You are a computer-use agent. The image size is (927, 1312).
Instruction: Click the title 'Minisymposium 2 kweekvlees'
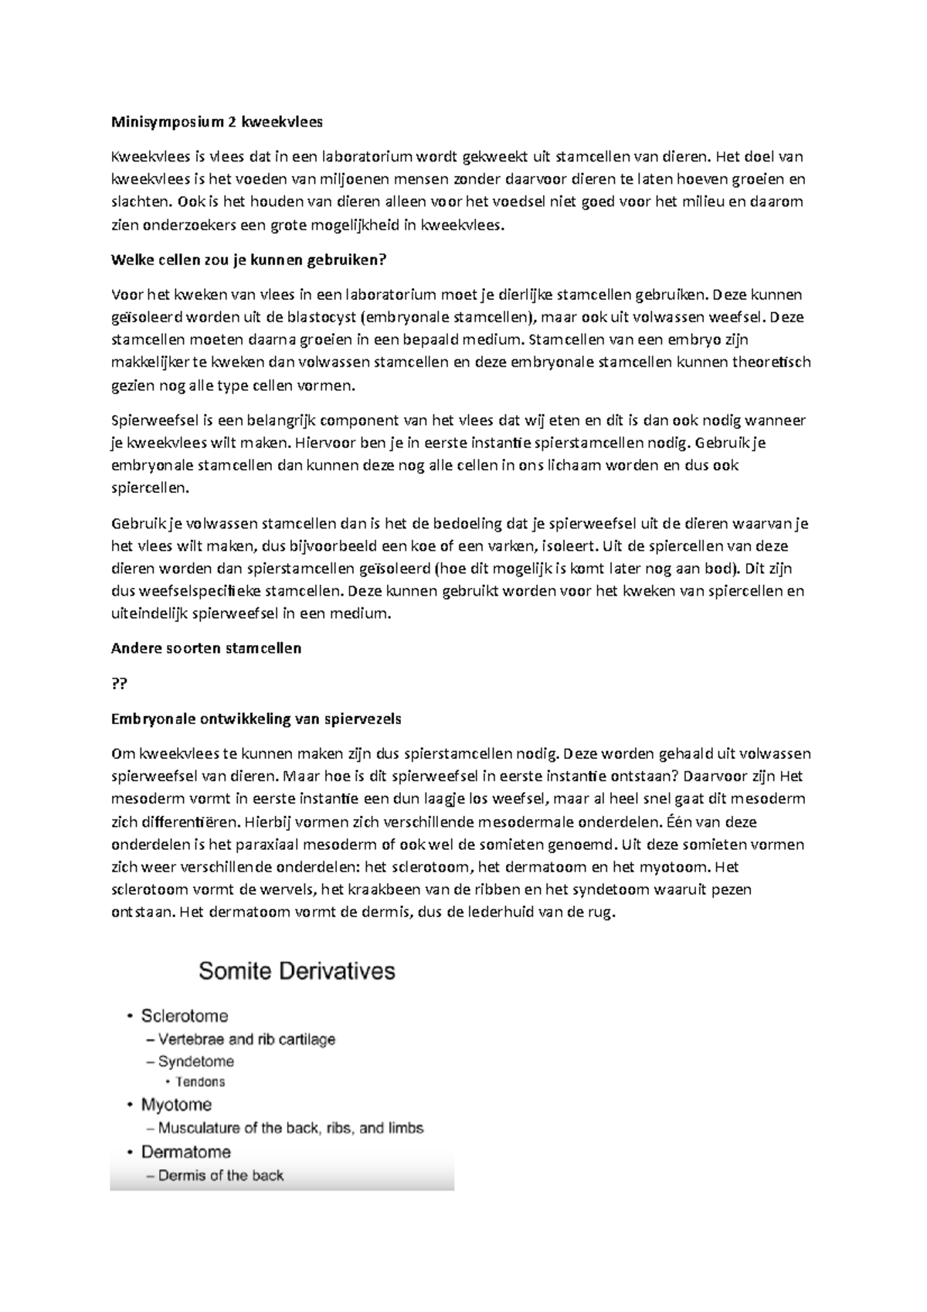tap(218, 122)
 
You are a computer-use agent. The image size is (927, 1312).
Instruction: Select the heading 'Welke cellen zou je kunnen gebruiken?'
tap(248, 260)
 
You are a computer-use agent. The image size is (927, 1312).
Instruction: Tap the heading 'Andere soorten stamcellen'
tap(206, 648)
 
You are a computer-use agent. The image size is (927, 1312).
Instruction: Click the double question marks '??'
tap(120, 684)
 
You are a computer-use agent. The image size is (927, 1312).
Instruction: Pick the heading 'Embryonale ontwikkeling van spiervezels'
tap(256, 719)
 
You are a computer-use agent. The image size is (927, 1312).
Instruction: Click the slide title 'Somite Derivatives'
tap(297, 971)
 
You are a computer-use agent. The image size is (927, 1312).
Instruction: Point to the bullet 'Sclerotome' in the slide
tap(184, 1016)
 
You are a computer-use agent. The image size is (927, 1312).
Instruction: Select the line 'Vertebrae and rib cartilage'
tap(246, 1040)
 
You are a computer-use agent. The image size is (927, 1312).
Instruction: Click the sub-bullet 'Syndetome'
tap(195, 1062)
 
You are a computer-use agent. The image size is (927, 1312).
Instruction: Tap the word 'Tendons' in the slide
tap(200, 1082)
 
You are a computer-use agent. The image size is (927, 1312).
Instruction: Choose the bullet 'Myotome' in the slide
tap(176, 1105)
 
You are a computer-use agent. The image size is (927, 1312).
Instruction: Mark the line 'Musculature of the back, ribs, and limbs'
tap(290, 1128)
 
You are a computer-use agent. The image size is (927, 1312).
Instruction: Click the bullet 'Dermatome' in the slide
tap(185, 1152)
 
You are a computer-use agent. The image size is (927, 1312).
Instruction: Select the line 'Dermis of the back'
tap(220, 1176)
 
